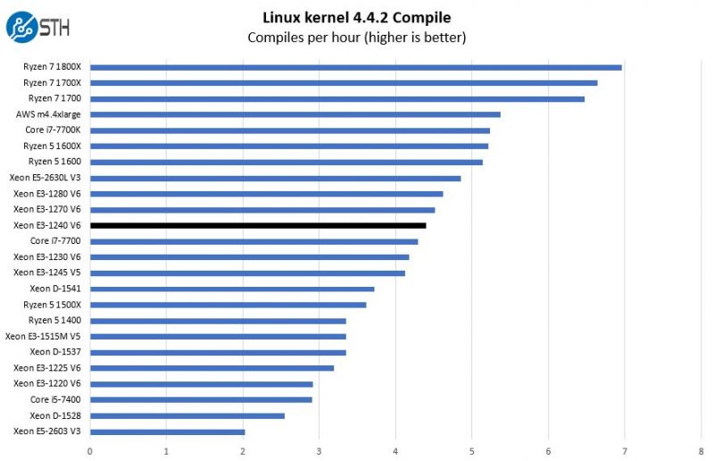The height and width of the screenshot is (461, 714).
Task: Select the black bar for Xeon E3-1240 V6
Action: pyautogui.click(x=258, y=225)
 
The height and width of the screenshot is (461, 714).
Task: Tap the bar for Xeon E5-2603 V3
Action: pyautogui.click(x=167, y=432)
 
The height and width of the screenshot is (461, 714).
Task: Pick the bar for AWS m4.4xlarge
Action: pyautogui.click(x=295, y=114)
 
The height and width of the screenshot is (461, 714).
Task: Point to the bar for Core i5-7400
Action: pyautogui.click(x=201, y=399)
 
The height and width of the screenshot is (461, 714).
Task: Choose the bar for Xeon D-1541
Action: pyautogui.click(x=232, y=289)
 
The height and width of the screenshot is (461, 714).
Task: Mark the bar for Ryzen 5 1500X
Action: pyautogui.click(x=228, y=305)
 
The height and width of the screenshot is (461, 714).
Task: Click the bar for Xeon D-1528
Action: pyautogui.click(x=187, y=415)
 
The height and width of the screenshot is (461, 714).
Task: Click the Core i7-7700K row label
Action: pyautogui.click(x=53, y=130)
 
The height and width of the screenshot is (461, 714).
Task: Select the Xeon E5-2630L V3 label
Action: pyautogui.click(x=45, y=178)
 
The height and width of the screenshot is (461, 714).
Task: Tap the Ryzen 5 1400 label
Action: pyautogui.click(x=54, y=320)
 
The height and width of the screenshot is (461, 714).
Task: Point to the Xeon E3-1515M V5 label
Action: pyautogui.click(x=43, y=336)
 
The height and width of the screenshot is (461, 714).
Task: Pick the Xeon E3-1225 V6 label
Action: pyautogui.click(x=46, y=368)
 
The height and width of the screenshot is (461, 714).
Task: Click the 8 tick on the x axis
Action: pyautogui.click(x=701, y=451)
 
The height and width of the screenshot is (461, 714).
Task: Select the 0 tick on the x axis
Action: pyautogui.click(x=90, y=451)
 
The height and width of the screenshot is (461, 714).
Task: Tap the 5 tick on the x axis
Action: pyautogui.click(x=472, y=451)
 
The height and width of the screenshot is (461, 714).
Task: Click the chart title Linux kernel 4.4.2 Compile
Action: pyautogui.click(x=356, y=17)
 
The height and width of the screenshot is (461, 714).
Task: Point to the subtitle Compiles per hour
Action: pyautogui.click(x=356, y=38)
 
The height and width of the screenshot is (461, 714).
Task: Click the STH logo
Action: pyautogui.click(x=33, y=26)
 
